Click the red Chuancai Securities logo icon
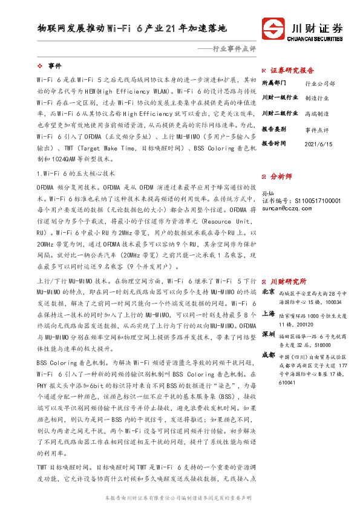[272, 29]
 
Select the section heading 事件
[54, 65]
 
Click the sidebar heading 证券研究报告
[292, 70]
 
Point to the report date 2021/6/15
[318, 144]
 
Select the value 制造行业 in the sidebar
[317, 97]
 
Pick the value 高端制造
[317, 113]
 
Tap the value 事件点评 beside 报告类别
[317, 129]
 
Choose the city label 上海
[268, 314]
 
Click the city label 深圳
[268, 334]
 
